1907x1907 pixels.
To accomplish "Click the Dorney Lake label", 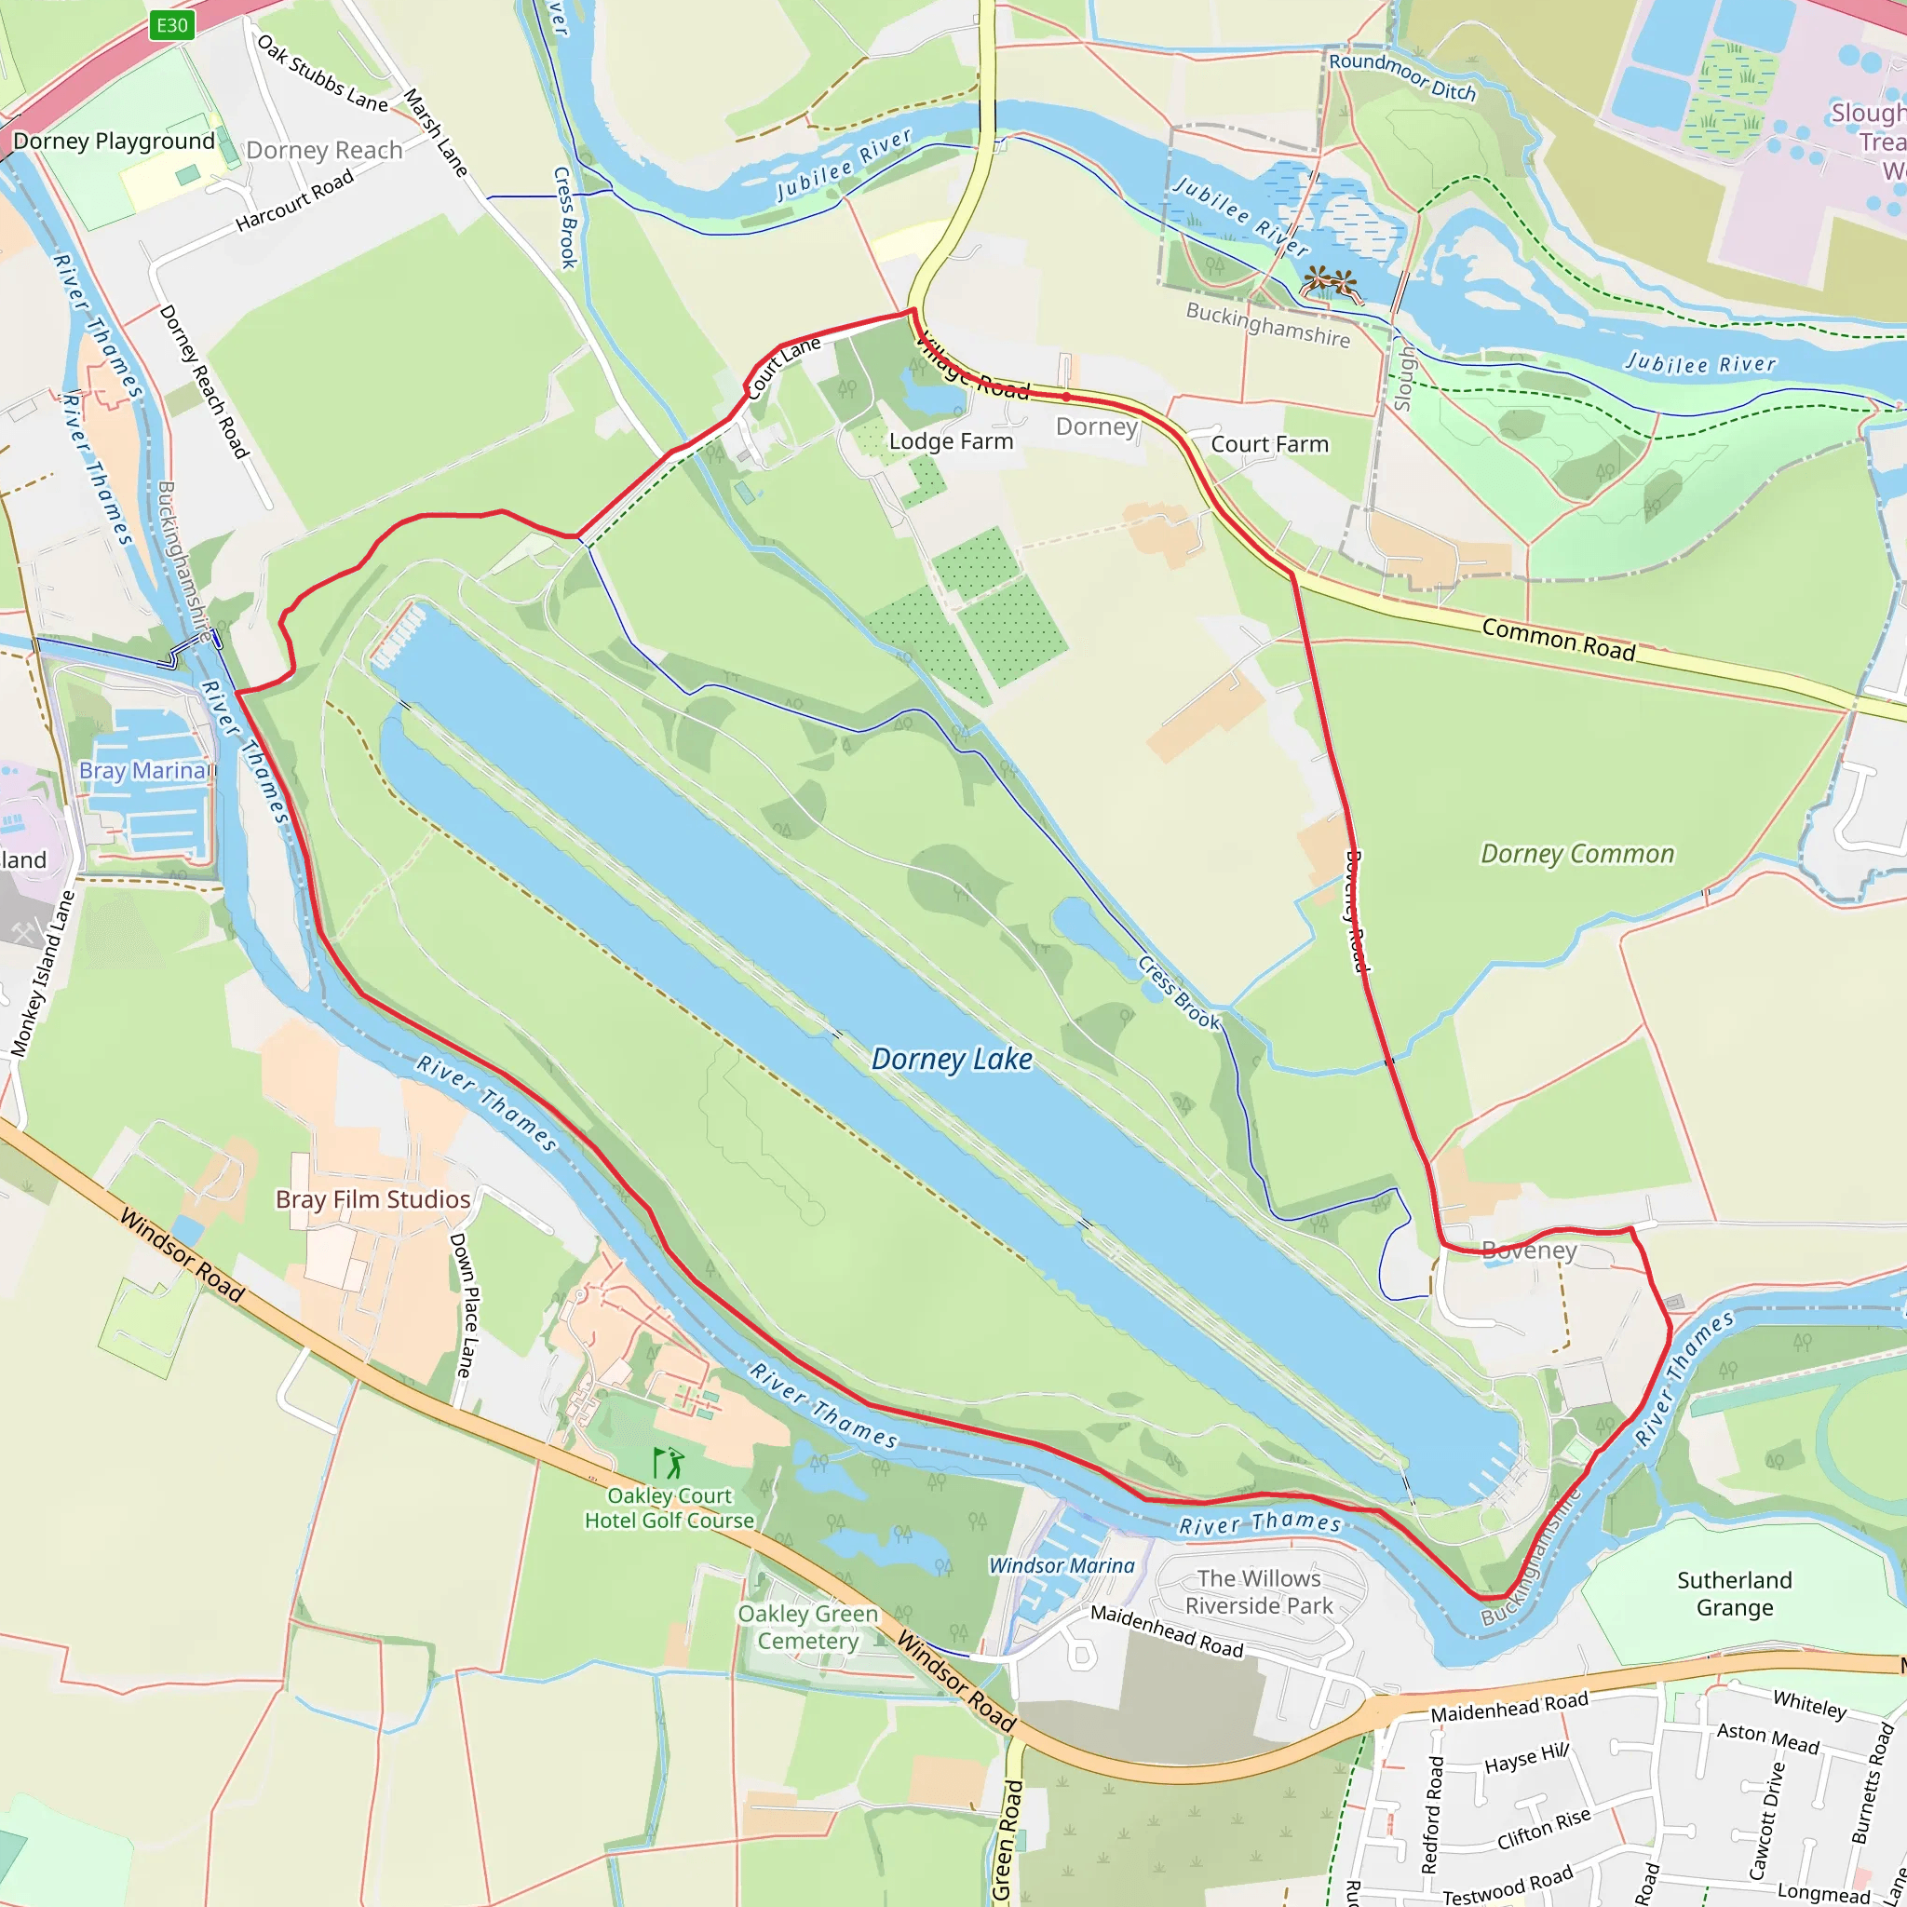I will coord(952,1059).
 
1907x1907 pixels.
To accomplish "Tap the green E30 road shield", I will coord(171,26).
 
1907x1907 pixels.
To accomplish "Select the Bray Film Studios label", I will coord(372,1199).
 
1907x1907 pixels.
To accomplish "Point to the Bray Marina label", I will coord(143,770).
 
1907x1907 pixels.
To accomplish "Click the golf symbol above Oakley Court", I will coord(669,1462).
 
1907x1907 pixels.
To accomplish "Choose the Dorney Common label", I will coord(1577,854).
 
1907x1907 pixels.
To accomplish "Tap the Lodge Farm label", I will coord(951,441).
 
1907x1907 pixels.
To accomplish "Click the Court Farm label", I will coord(1269,444).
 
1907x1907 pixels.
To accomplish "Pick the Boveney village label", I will coord(1529,1251).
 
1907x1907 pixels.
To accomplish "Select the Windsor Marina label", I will coord(1062,1565).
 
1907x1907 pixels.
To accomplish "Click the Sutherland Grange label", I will coord(1734,1594).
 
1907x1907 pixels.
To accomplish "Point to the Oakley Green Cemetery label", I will coord(807,1627).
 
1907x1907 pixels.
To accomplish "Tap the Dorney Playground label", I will coord(114,142).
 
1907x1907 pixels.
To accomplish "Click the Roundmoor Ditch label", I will coord(1401,77).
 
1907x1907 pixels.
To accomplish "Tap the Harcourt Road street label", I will coord(294,201).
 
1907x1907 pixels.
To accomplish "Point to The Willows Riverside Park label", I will coord(1259,1592).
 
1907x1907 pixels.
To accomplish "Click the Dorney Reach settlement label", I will coord(324,150).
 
